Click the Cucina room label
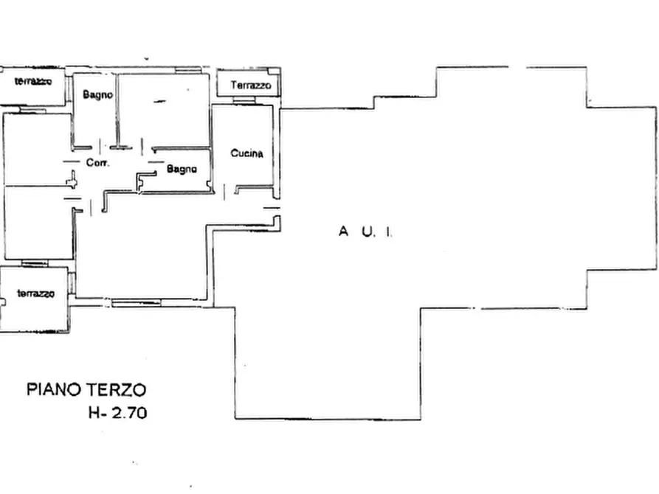(246, 153)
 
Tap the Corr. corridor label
(97, 163)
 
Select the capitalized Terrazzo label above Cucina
(251, 86)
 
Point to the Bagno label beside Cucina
(181, 169)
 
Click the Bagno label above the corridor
(97, 94)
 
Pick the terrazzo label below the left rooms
(36, 293)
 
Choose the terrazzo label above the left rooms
(32, 81)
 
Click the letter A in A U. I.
(343, 232)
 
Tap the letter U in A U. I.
(366, 232)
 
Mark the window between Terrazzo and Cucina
(244, 101)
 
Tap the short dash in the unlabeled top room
(159, 102)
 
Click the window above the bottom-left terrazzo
(35, 263)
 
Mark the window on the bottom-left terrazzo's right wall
(71, 283)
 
